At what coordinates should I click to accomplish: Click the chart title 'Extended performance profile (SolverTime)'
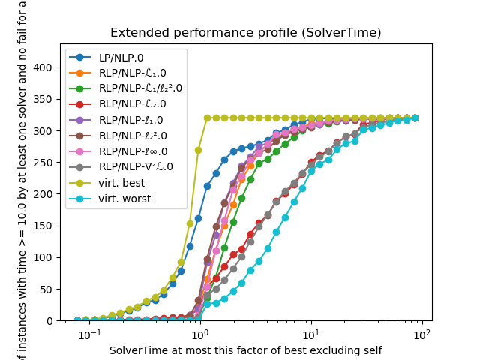[245, 33]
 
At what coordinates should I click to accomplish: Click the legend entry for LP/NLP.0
[121, 58]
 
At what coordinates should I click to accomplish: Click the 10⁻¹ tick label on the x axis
[89, 334]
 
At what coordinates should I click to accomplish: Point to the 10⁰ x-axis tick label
[199, 334]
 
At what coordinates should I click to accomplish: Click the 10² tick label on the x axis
[421, 334]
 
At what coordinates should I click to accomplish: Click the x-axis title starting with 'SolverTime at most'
[245, 350]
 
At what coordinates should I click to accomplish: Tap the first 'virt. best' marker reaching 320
[207, 118]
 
